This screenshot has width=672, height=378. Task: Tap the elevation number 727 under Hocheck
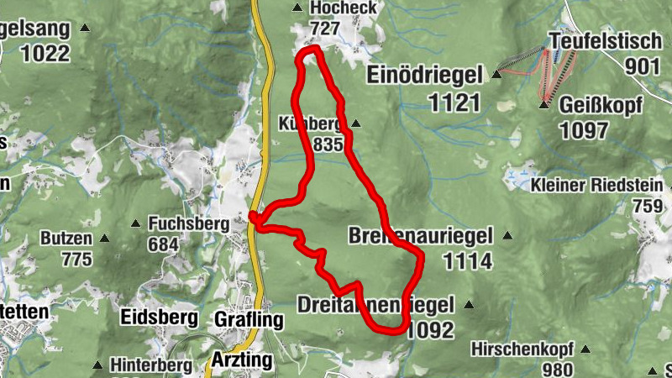click(324, 29)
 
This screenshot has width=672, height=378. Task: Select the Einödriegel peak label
click(425, 76)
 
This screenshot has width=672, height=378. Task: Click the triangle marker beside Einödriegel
click(496, 75)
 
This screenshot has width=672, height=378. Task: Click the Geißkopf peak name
click(601, 106)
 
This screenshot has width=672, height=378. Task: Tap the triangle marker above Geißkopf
click(543, 104)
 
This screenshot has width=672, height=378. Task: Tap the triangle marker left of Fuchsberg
click(136, 224)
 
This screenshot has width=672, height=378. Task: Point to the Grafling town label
click(249, 320)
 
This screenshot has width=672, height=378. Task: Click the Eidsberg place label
click(159, 318)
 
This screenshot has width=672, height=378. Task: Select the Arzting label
click(244, 361)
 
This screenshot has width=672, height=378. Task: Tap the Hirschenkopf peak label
click(522, 348)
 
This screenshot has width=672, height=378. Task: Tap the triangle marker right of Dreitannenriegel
click(469, 305)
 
